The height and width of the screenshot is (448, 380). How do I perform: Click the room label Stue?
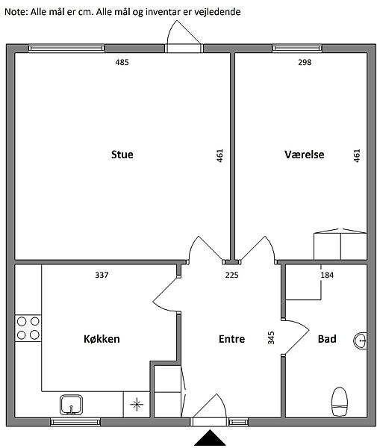pyautogui.click(x=122, y=155)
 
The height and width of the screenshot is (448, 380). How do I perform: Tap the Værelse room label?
pyautogui.click(x=305, y=155)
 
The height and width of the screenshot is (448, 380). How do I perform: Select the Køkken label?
pyautogui.click(x=102, y=339)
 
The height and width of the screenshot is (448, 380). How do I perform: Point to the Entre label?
pyautogui.click(x=231, y=339)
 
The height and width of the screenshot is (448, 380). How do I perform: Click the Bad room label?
pyautogui.click(x=327, y=339)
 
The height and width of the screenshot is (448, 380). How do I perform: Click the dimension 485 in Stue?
pyautogui.click(x=122, y=62)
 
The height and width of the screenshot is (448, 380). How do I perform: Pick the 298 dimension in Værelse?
pyautogui.click(x=305, y=62)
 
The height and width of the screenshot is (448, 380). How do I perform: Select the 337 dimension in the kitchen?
pyautogui.click(x=102, y=275)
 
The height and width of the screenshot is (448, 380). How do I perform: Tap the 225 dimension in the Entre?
pyautogui.click(x=231, y=275)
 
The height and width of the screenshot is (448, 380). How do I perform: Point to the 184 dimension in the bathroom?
pyautogui.click(x=327, y=275)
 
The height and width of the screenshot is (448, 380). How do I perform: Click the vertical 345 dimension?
pyautogui.click(x=271, y=337)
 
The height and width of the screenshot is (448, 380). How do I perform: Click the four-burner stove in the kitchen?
pyautogui.click(x=28, y=328)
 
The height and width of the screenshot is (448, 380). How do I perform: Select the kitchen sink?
pyautogui.click(x=71, y=405)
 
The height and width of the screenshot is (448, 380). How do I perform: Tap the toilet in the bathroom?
pyautogui.click(x=340, y=402)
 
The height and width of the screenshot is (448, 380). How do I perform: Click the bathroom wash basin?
pyautogui.click(x=361, y=340)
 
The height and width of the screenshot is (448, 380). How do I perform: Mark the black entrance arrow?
pyautogui.click(x=210, y=438)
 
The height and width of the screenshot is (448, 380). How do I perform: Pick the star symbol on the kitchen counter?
pyautogui.click(x=137, y=404)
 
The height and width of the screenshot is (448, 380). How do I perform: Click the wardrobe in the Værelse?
pyautogui.click(x=340, y=245)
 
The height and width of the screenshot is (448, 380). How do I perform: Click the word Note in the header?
pyautogui.click(x=15, y=12)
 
